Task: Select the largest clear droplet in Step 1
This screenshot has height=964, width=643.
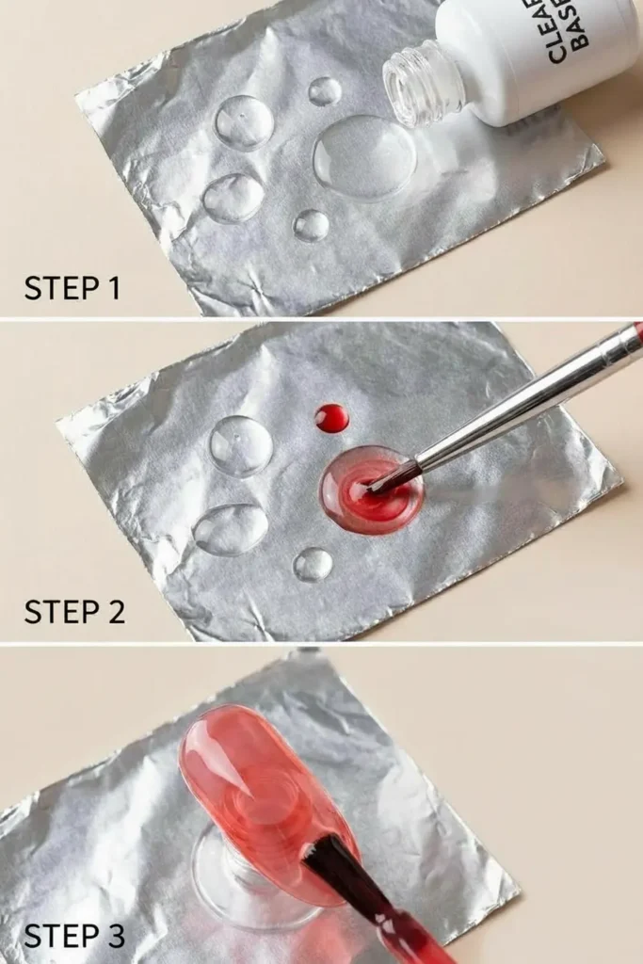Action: (364, 157)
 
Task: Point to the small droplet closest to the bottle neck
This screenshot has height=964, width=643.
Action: (325, 91)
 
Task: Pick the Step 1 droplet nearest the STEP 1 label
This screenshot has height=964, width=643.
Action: (233, 198)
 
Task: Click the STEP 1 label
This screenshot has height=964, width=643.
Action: (72, 288)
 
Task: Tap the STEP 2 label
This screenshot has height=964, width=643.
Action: (74, 611)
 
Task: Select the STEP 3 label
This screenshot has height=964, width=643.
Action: (74, 936)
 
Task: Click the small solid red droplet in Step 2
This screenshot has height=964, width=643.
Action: (331, 418)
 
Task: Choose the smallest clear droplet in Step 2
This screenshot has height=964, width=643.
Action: (313, 565)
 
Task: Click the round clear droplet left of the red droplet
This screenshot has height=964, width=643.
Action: (241, 445)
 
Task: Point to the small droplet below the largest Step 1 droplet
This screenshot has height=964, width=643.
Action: (311, 225)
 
